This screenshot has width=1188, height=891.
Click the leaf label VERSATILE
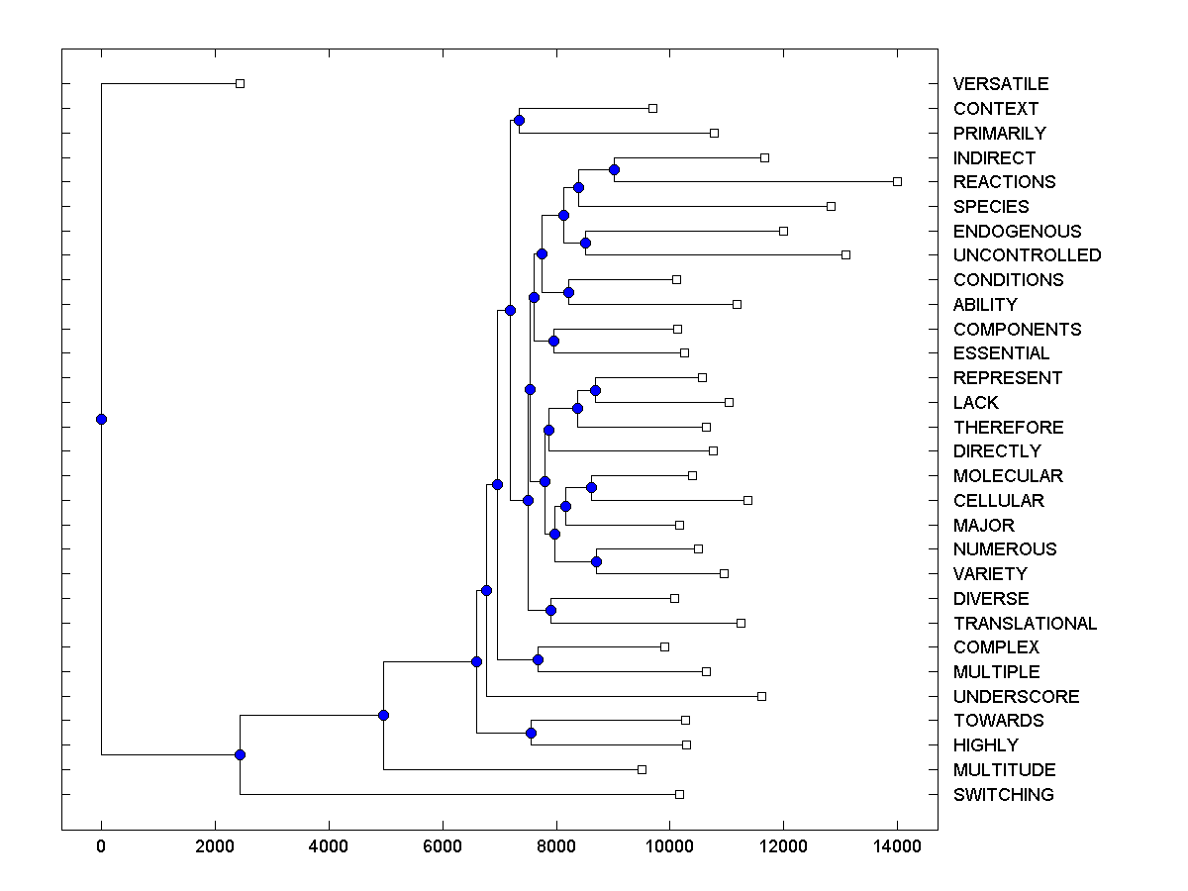(1000, 84)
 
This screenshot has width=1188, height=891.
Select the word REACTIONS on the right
(1004, 182)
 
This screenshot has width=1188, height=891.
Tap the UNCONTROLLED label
(1027, 255)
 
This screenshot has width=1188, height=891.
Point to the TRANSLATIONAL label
(1025, 624)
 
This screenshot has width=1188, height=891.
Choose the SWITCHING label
(1003, 795)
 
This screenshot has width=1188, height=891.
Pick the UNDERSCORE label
(1016, 697)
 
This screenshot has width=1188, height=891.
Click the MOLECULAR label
(1008, 476)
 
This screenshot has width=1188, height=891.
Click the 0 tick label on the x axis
(101, 847)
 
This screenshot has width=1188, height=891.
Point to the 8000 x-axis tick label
(555, 847)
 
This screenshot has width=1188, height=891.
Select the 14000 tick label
(897, 847)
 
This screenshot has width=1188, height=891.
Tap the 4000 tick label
(328, 847)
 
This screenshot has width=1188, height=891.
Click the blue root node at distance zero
(101, 419)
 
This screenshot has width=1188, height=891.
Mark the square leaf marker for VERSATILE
(240, 84)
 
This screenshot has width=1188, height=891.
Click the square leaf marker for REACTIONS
(897, 181)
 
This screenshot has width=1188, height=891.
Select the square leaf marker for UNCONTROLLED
(845, 254)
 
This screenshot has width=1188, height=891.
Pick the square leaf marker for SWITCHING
(679, 794)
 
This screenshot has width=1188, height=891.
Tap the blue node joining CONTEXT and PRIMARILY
(519, 120)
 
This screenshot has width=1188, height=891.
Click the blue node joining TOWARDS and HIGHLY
(531, 733)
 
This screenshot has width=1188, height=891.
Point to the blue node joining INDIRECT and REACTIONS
(614, 169)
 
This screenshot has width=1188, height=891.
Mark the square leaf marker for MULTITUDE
(642, 769)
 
